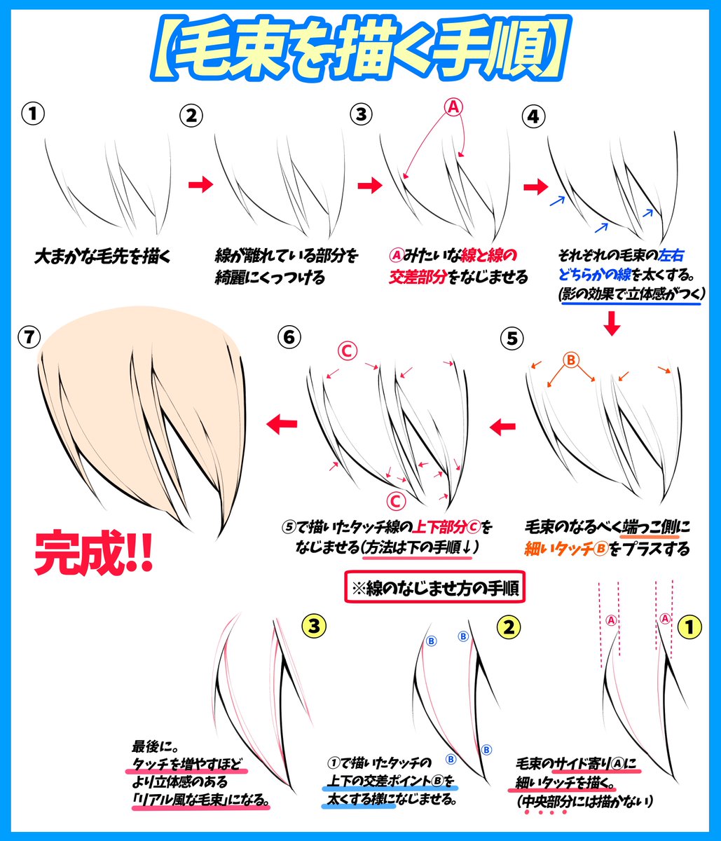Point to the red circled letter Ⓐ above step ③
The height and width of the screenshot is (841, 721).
tap(453, 107)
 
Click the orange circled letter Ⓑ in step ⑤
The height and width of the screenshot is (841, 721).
tap(570, 360)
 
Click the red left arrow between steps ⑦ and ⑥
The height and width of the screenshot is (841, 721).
tap(282, 422)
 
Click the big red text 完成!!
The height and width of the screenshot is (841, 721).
tap(94, 552)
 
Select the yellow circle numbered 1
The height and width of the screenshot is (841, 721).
tap(691, 627)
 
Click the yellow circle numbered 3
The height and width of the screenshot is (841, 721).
tap(313, 626)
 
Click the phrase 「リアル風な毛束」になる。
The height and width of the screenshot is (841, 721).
tap(201, 799)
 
